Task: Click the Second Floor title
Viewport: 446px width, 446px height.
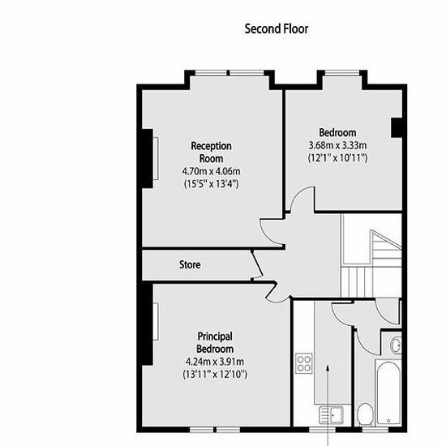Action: (277, 29)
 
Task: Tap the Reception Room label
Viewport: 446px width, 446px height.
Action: (211, 152)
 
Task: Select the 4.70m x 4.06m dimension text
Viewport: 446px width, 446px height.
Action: (211, 171)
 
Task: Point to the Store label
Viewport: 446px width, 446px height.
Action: (190, 265)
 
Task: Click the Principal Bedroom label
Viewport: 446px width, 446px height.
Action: (215, 342)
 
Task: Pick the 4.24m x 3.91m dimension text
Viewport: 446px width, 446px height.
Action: (215, 362)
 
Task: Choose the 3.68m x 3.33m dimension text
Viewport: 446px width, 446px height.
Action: (337, 146)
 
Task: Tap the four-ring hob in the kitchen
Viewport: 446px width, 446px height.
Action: (304, 363)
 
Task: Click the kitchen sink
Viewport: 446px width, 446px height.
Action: (332, 415)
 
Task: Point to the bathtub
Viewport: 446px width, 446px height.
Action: (388, 392)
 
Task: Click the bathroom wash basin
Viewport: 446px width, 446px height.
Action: (396, 345)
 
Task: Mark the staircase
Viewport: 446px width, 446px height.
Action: (371, 255)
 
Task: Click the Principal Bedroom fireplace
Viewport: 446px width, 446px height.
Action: (148, 324)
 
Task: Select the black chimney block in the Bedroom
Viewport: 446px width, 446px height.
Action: (397, 127)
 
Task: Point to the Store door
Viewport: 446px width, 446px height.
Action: (256, 265)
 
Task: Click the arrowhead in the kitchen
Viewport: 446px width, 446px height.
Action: (328, 368)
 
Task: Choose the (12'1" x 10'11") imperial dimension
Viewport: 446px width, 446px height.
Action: (337, 157)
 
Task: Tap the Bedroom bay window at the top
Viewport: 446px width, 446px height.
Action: (342, 73)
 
